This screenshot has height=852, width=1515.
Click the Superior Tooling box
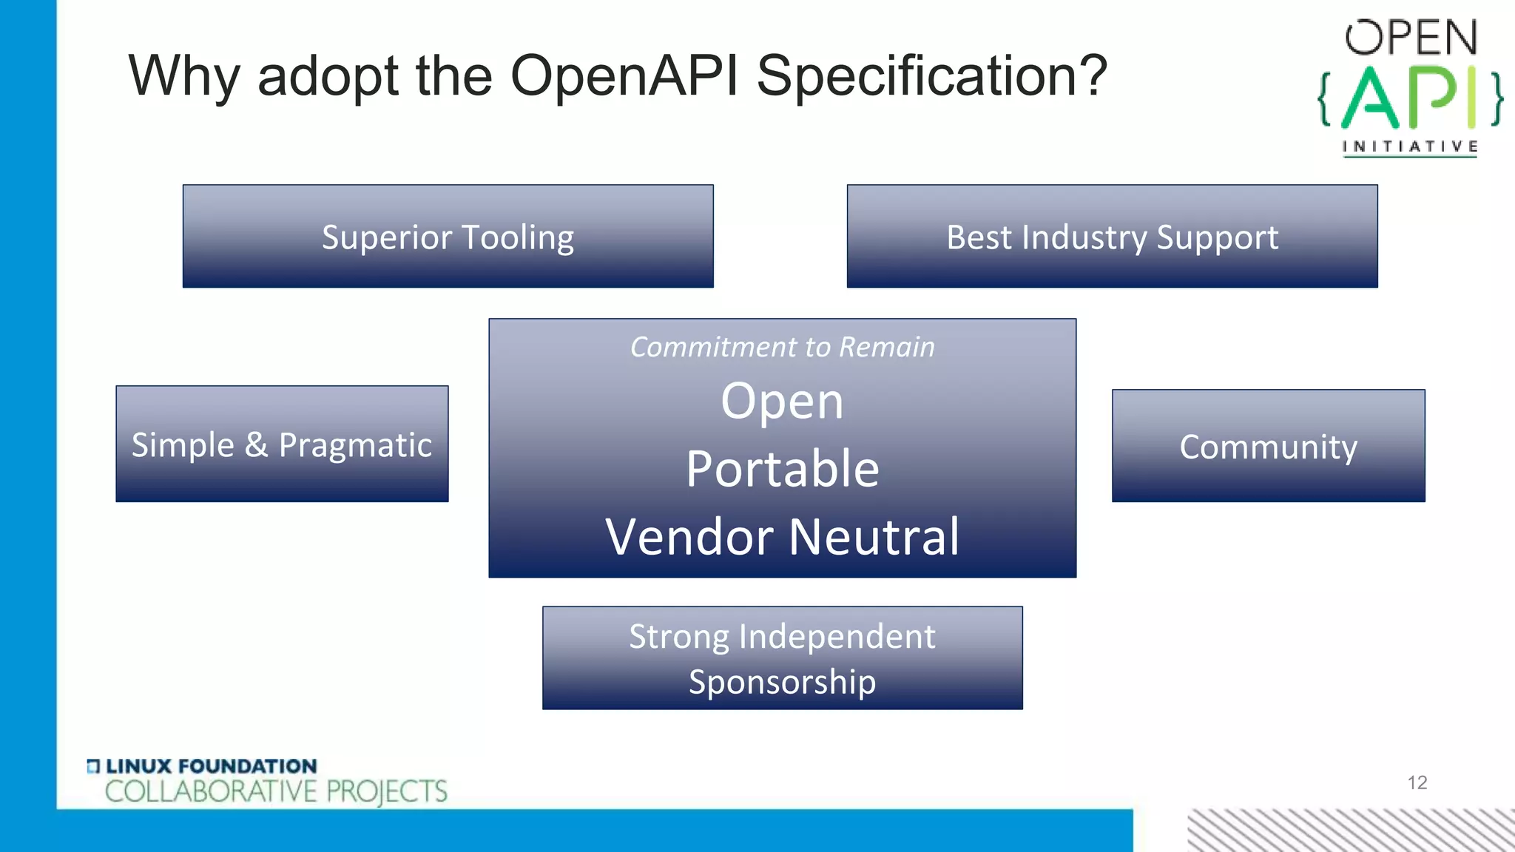(448, 237)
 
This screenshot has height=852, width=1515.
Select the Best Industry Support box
(1112, 237)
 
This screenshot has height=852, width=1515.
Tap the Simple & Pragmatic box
(282, 444)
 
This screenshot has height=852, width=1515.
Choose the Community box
(1268, 446)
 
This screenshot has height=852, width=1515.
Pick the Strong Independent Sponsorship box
(782, 658)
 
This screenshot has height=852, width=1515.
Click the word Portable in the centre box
(782, 469)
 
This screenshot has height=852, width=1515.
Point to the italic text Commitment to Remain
(782, 347)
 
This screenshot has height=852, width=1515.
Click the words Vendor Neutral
(782, 536)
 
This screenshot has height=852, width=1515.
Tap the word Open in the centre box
(782, 402)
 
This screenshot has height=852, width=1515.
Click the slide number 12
(1417, 782)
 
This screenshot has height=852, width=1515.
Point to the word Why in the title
(184, 77)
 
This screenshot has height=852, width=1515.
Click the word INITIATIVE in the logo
(1410, 146)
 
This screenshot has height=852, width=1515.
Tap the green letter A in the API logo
(1370, 98)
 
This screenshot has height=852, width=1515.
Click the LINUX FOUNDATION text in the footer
(211, 766)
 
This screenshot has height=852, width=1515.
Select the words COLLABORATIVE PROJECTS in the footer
(276, 791)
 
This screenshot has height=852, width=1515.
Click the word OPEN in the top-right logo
(1411, 38)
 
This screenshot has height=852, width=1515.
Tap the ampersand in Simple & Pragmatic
(256, 444)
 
